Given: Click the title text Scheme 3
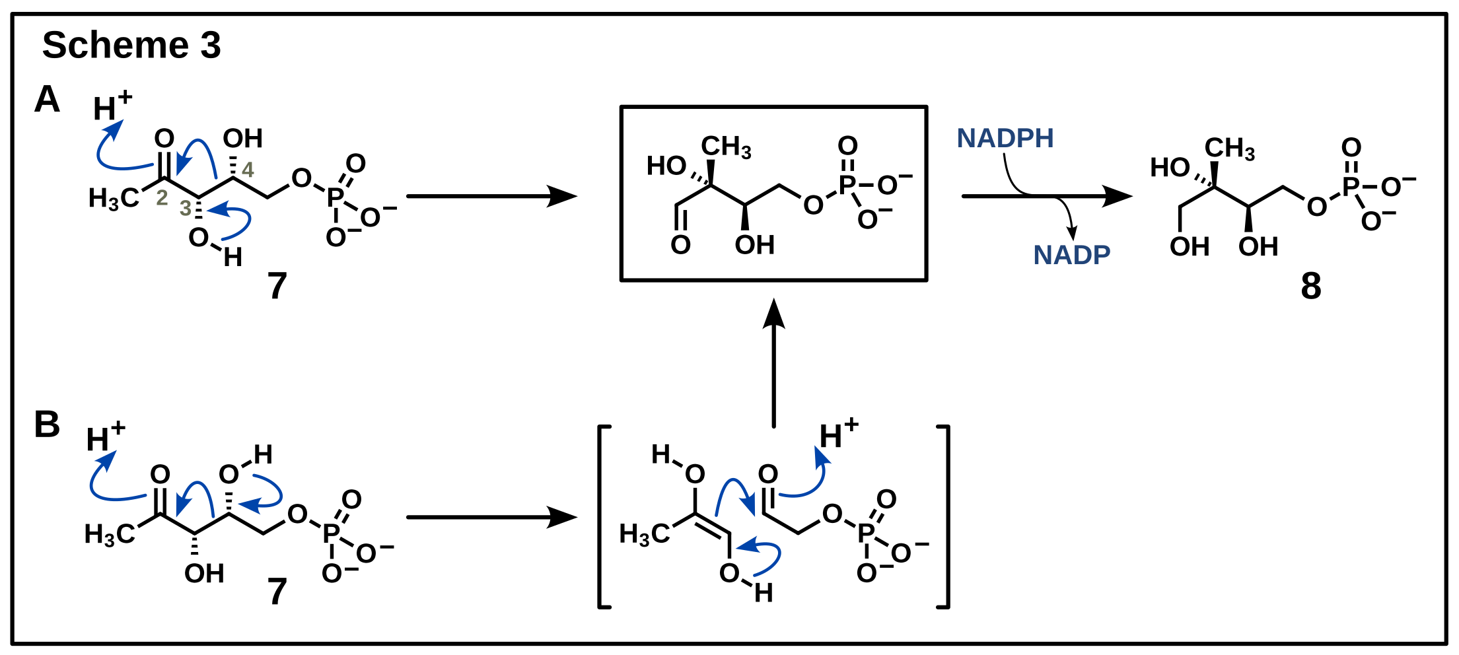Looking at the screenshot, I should (131, 45).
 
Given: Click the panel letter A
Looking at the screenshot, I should (47, 100).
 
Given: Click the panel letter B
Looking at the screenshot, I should (47, 424).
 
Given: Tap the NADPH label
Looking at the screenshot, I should (1005, 139).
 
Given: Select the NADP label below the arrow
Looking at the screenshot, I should (1071, 255).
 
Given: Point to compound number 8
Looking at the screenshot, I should (1311, 286).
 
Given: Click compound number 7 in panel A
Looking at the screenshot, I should (277, 286).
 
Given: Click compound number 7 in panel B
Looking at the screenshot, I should (277, 591).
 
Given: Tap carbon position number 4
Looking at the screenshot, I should (248, 170).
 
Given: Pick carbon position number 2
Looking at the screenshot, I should (162, 198).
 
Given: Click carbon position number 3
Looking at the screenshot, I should (186, 208).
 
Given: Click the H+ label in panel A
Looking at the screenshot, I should (112, 107).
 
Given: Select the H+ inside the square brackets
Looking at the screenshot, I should (838, 434).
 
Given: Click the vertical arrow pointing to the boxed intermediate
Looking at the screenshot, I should (773, 363).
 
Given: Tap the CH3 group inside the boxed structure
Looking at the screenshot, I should (726, 147).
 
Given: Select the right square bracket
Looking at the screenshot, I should (944, 516).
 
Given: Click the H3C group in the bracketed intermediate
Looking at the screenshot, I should (644, 534).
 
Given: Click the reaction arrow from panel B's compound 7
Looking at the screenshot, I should (491, 517).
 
